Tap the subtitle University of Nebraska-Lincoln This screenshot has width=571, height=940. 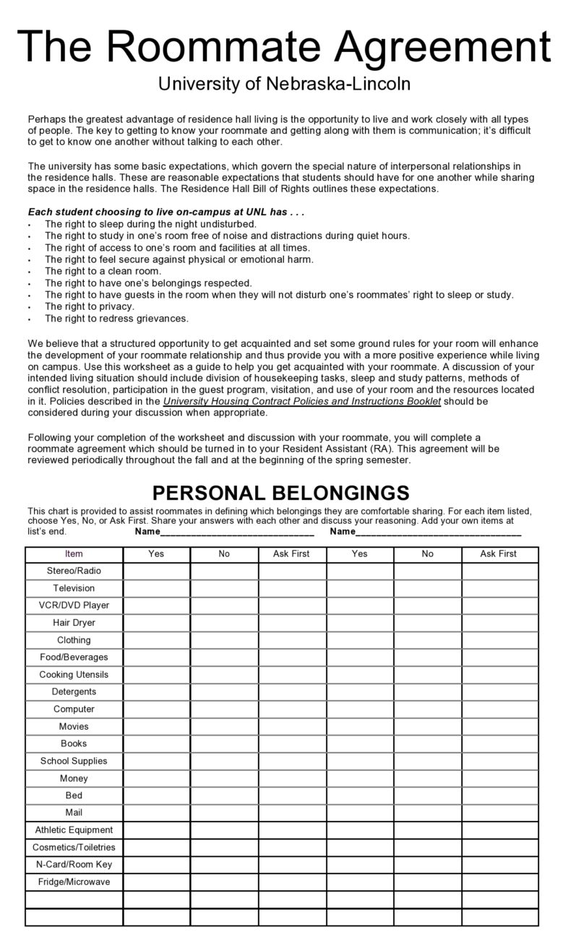pyautogui.click(x=285, y=84)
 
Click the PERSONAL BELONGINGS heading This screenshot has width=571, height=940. pyautogui.click(x=280, y=493)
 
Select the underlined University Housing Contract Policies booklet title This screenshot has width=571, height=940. pyautogui.click(x=301, y=401)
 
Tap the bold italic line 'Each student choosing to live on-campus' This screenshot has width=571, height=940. pyautogui.click(x=166, y=212)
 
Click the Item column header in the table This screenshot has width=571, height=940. pyautogui.click(x=74, y=553)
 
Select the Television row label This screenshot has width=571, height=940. pyautogui.click(x=74, y=588)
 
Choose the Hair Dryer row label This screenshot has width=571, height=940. pyautogui.click(x=74, y=623)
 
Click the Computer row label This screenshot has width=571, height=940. pyautogui.click(x=74, y=709)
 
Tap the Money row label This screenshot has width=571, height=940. pyautogui.click(x=74, y=778)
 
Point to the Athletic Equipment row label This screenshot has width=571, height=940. pyautogui.click(x=74, y=830)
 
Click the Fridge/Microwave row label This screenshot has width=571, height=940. pyautogui.click(x=74, y=882)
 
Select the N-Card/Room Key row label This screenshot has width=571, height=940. pyautogui.click(x=74, y=865)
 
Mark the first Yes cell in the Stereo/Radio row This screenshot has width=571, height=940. pyautogui.click(x=156, y=571)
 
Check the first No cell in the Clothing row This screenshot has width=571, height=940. pyautogui.click(x=224, y=640)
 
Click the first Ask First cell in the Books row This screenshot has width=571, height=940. pyautogui.click(x=291, y=743)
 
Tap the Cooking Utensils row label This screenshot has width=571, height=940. pyautogui.click(x=74, y=675)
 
